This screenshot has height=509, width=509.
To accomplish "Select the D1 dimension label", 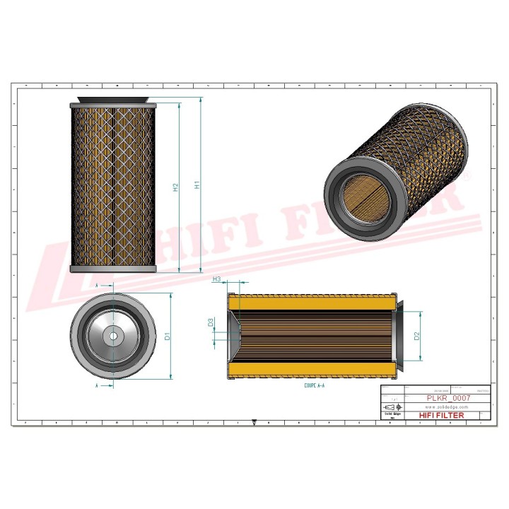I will tap(168, 336).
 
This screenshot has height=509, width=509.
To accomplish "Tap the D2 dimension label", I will tap(417, 335).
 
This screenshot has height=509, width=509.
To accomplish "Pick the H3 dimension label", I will tap(217, 280).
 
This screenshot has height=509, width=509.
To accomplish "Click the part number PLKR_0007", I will tap(447, 398).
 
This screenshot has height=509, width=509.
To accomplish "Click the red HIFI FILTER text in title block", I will tap(441, 416).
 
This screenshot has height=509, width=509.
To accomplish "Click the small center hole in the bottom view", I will tap(113, 335).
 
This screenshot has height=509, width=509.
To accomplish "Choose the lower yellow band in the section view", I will tap(311, 368).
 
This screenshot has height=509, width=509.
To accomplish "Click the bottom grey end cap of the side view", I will tap(113, 269).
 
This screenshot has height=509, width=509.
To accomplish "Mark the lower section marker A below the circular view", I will tap(96, 387).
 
